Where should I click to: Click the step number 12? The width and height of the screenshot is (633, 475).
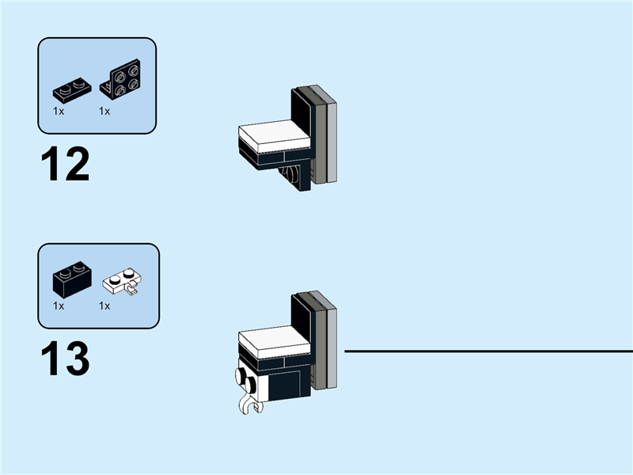[65, 164]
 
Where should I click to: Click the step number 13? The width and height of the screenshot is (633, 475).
[65, 359]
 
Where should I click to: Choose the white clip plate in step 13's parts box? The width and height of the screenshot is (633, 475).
[123, 283]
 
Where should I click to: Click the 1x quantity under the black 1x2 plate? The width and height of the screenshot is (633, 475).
[59, 112]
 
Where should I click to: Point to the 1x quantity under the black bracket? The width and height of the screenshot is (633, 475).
[104, 112]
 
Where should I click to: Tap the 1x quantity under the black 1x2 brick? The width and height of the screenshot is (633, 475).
[59, 305]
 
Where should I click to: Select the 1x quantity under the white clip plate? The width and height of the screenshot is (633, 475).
[104, 305]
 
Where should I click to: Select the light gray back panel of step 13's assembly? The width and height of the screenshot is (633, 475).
[332, 348]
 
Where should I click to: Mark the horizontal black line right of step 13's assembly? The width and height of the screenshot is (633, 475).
[487, 351]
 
